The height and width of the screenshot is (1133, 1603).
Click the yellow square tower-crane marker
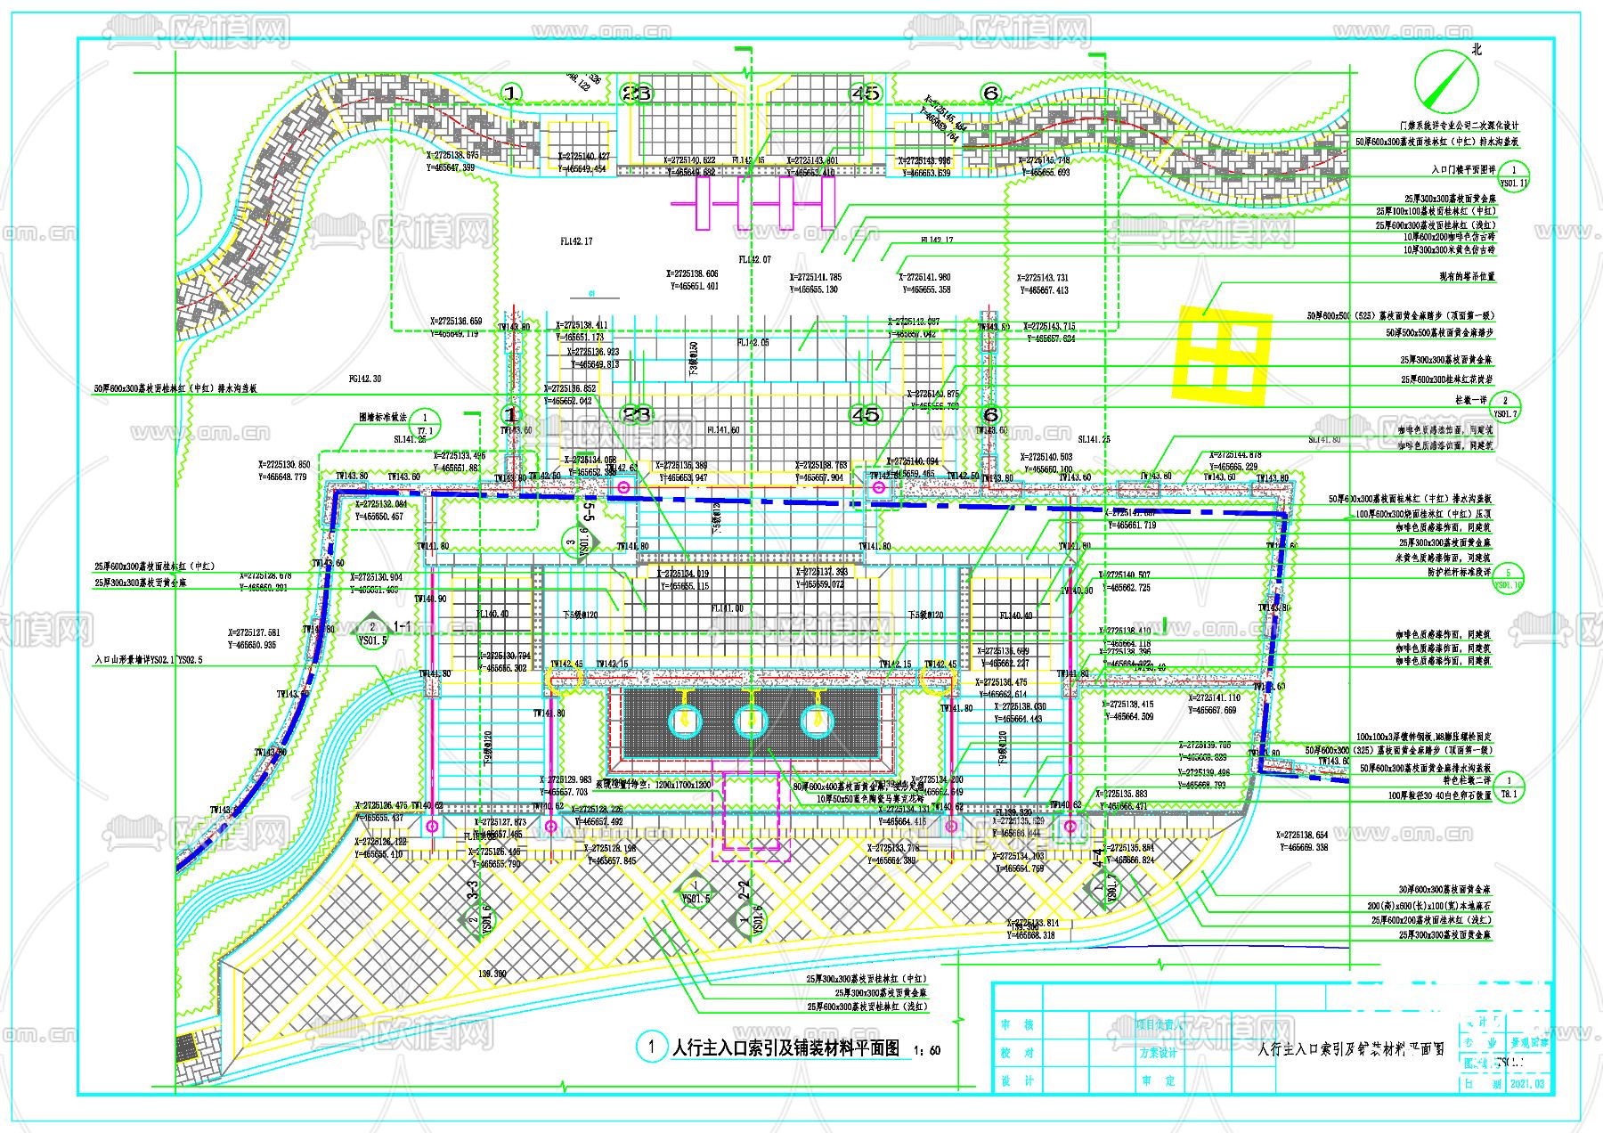[x=1223, y=355]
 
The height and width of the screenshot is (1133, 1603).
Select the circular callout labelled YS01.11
[x=1513, y=175]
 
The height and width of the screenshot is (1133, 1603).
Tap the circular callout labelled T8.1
[x=1509, y=787]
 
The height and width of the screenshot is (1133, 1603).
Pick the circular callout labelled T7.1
[x=425, y=423]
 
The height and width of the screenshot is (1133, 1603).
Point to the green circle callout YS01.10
[x=1508, y=579]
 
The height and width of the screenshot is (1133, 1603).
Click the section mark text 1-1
[x=403, y=627]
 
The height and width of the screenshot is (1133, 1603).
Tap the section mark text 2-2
[x=745, y=891]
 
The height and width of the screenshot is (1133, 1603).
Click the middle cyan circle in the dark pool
[x=750, y=721]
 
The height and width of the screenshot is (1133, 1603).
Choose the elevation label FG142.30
[x=364, y=379]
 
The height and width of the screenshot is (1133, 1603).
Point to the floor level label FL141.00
[x=727, y=608]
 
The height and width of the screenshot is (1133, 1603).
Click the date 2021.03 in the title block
[x=1527, y=1084]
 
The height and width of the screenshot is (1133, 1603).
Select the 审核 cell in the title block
[x=1016, y=1025]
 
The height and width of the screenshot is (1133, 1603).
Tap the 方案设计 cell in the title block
[x=1158, y=1053]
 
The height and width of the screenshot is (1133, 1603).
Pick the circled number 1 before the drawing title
[x=652, y=1047]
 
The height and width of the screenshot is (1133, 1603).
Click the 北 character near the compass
[x=1477, y=50]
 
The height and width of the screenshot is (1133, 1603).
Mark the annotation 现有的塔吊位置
[x=1467, y=277]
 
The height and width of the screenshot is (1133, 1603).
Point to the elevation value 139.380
[x=492, y=974]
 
